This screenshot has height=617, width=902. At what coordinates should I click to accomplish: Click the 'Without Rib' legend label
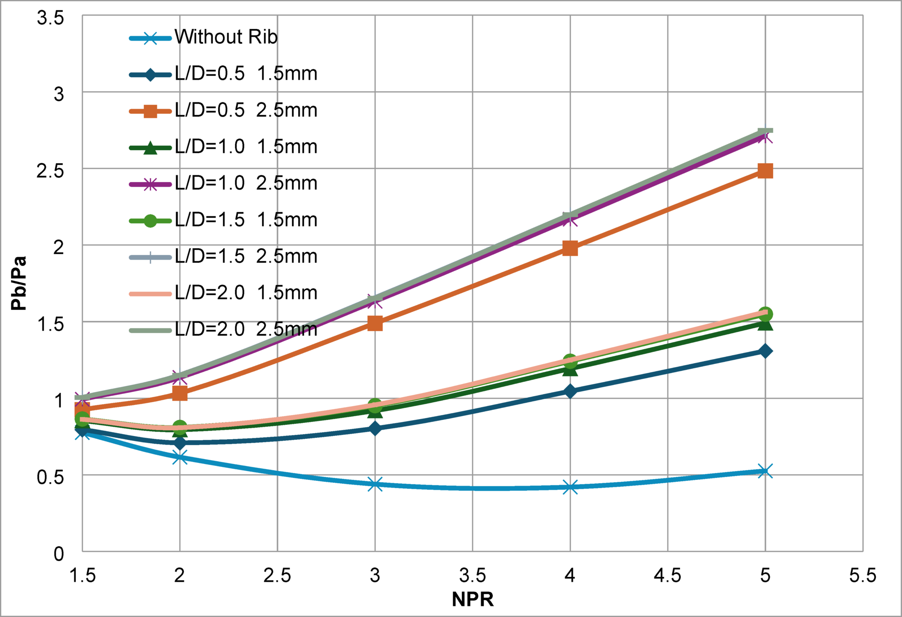point(226,37)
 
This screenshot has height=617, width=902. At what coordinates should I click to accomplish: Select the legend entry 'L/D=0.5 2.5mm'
point(246,111)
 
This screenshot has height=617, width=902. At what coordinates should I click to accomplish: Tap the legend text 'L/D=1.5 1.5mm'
point(246,220)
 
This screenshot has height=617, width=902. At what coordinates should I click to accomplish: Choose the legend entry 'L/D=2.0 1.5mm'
point(246,293)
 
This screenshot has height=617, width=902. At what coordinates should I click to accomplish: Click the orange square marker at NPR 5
point(765,171)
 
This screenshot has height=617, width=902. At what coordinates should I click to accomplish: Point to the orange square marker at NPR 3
point(375,323)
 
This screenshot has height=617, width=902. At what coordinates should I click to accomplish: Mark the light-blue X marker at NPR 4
point(570,487)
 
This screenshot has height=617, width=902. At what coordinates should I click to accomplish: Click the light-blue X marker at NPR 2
point(180,456)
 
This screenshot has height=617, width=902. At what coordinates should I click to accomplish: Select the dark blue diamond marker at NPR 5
point(765,351)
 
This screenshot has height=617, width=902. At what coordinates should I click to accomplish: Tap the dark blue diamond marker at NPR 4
point(570,391)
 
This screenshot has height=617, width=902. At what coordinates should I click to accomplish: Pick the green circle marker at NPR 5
point(765,314)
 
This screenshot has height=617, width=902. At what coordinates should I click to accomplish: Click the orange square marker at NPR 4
point(570,248)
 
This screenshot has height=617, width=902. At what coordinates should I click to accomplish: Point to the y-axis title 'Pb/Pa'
point(19,283)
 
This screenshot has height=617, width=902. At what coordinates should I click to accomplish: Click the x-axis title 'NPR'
point(472,599)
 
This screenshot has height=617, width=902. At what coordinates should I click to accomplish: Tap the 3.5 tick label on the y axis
point(50,18)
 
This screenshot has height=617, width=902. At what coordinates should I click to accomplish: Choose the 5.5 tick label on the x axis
point(862,575)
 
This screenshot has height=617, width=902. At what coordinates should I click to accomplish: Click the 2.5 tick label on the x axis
point(277,575)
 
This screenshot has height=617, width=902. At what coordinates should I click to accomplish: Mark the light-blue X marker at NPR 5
point(765,471)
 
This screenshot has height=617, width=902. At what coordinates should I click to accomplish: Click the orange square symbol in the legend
point(151,111)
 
